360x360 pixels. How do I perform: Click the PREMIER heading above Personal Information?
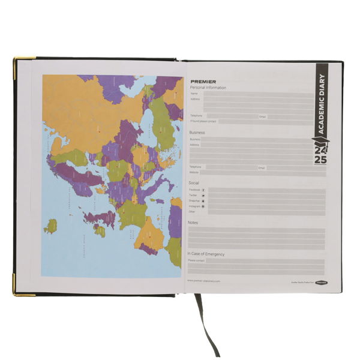[203, 82]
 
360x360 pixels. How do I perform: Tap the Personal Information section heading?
[208, 88]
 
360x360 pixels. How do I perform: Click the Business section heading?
[197, 133]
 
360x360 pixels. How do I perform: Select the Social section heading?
[194, 182]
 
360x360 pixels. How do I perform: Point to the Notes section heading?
[193, 223]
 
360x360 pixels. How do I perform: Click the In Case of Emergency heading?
[207, 254]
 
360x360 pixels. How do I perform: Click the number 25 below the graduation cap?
[319, 161]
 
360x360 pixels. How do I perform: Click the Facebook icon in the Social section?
[203, 190]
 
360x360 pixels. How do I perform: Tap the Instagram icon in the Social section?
[203, 206]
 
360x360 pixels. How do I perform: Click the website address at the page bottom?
[204, 281]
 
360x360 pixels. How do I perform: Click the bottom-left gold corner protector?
[16, 292]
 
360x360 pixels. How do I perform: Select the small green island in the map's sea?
[51, 226]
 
